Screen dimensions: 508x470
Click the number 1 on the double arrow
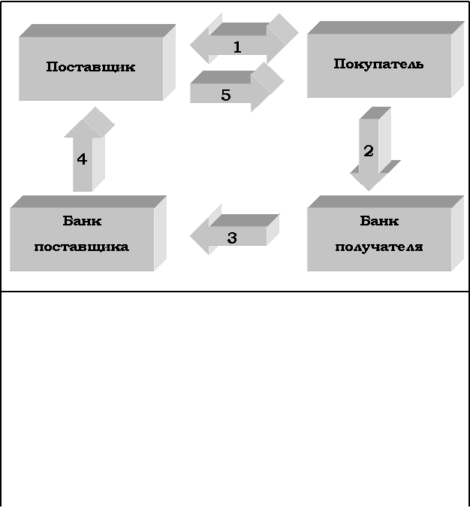[237, 47]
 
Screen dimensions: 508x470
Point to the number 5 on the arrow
[225, 95]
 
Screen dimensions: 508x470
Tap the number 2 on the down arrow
[368, 151]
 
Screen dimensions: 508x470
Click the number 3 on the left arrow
[232, 237]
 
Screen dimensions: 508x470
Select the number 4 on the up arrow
[82, 159]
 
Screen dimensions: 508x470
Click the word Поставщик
[91, 66]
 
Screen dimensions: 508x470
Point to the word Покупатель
[378, 64]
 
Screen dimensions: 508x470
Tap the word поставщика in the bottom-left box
[82, 246]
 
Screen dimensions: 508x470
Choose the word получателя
[379, 246]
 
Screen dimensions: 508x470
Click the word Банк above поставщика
[82, 221]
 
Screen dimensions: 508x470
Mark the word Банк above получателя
[379, 221]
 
